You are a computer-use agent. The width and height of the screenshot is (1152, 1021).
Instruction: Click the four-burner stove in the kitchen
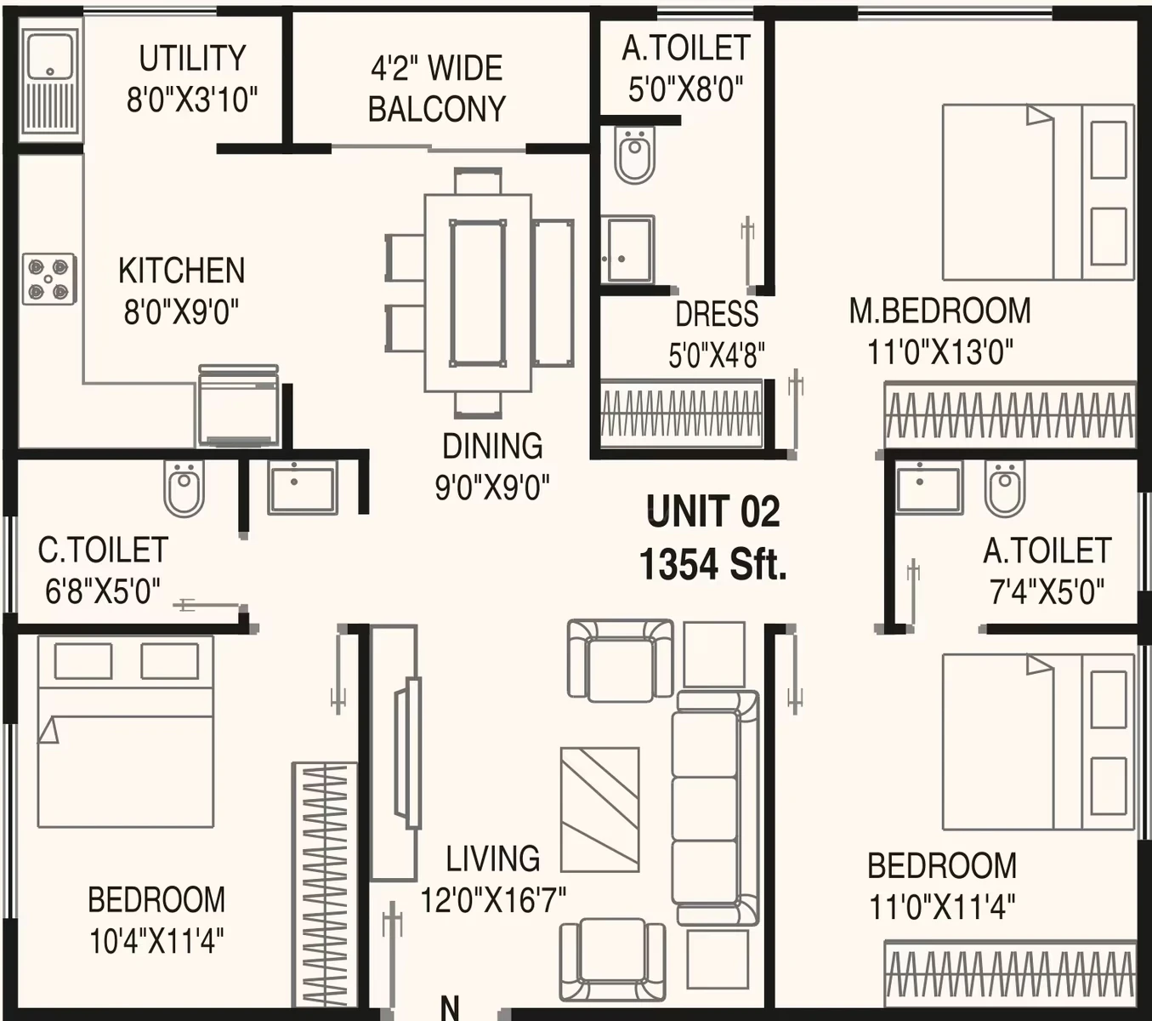pos(49,279)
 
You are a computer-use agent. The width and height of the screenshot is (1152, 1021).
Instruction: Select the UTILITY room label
pos(192,58)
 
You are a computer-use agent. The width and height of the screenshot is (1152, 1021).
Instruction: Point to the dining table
pos(478,293)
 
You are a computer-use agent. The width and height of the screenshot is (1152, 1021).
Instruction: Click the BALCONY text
pos(437,109)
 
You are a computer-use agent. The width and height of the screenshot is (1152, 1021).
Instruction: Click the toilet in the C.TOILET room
pos(184,488)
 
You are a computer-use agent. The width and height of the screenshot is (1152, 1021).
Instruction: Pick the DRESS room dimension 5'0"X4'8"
pos(717,355)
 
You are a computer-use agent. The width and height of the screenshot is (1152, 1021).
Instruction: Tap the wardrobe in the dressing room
pos(682,414)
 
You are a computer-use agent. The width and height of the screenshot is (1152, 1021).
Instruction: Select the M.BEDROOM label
pos(940,311)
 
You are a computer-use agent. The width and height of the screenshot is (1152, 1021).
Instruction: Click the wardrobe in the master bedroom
pos(1010,416)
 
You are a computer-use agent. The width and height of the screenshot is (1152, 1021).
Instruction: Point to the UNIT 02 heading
pos(713,511)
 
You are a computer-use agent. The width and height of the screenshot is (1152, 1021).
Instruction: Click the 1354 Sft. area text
pos(713,565)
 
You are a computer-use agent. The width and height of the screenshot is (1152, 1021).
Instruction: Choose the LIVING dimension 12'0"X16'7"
pos(493,900)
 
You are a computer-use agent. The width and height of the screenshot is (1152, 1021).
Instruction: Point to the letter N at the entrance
pos(450,1008)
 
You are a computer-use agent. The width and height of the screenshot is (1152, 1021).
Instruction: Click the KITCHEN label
pos(181,271)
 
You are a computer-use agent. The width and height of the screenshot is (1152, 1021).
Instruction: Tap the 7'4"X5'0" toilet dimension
pos(1047,591)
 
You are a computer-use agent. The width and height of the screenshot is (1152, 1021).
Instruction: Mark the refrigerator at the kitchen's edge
pos(239,405)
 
